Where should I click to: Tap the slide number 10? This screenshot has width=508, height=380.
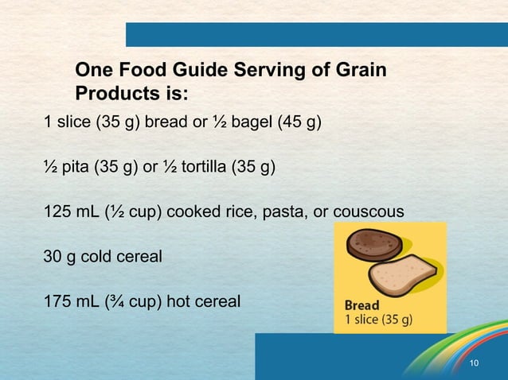475,363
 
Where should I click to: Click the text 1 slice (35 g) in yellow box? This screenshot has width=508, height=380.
378,320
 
